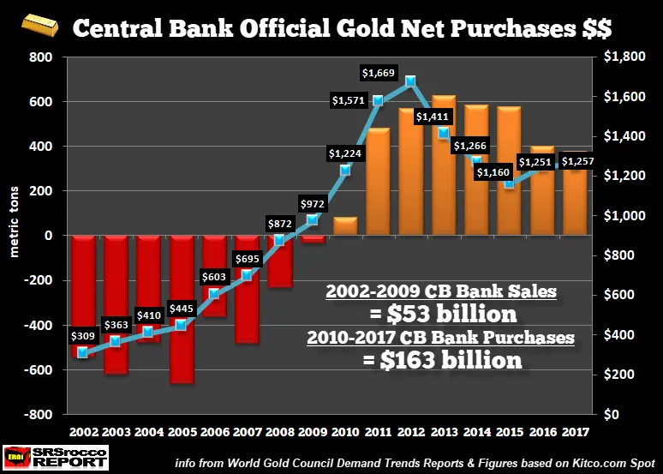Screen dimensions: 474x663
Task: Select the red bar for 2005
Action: click(x=182, y=309)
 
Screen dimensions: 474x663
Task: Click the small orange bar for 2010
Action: click(x=344, y=226)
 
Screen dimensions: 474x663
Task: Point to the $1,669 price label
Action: click(x=379, y=73)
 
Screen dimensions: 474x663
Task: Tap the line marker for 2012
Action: click(x=411, y=81)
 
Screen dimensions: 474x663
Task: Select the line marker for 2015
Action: click(x=510, y=183)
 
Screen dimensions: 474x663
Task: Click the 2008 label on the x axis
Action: click(x=279, y=431)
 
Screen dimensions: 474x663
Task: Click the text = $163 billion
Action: click(x=439, y=360)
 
